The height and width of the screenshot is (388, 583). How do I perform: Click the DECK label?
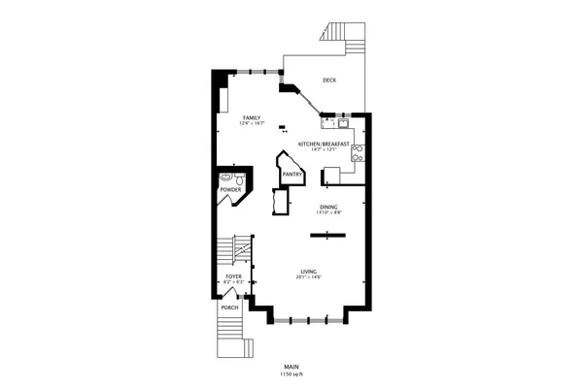click(329, 81)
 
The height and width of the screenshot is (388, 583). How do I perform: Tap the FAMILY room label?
click(252, 117)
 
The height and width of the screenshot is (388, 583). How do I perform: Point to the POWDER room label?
click(230, 189)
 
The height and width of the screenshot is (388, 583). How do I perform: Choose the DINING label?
click(328, 207)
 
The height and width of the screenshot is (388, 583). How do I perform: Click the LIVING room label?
click(309, 272)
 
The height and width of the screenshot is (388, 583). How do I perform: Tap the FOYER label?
click(233, 276)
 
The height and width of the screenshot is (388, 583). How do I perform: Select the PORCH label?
click(230, 307)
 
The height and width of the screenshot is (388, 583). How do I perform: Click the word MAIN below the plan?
click(291, 367)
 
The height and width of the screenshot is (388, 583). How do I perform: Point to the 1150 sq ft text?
click(291, 373)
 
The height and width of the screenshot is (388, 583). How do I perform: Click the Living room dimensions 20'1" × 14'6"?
click(309, 278)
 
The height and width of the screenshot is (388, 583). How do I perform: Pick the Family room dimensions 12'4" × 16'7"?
click(252, 123)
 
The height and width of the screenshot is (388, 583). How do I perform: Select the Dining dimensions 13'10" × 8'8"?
click(328, 212)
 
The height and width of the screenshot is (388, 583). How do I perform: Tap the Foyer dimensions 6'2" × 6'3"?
click(233, 282)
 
